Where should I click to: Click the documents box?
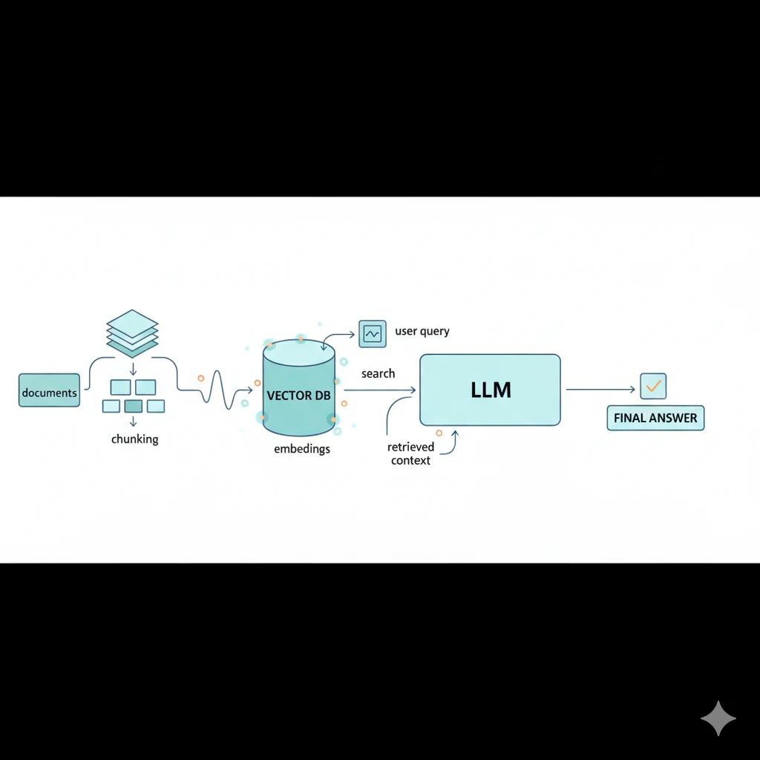(x=49, y=391)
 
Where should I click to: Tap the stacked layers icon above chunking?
(x=132, y=333)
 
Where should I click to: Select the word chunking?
(x=134, y=439)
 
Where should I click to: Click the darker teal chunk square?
(x=134, y=406)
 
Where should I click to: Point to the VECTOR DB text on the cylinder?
(x=298, y=396)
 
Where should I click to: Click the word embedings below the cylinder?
(x=302, y=449)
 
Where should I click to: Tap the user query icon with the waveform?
(x=372, y=333)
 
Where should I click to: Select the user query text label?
(x=422, y=331)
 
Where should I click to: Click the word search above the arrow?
(x=378, y=373)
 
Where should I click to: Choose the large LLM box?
(x=490, y=390)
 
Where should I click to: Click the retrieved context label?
(x=410, y=453)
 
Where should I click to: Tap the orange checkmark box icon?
(x=652, y=386)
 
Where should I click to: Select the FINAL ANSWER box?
(x=655, y=418)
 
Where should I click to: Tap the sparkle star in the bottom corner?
(x=718, y=718)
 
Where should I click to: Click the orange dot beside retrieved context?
(x=439, y=432)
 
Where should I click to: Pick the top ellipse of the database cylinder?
(x=299, y=352)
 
